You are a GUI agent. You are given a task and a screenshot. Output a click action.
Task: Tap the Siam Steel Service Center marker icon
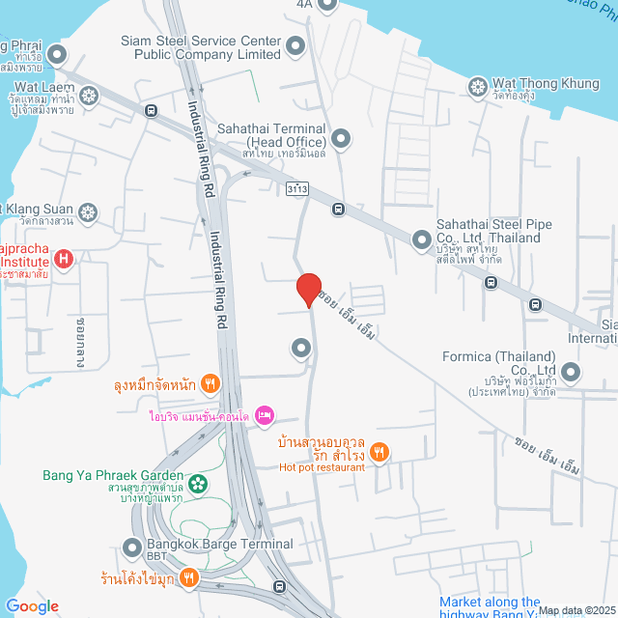pyautogui.click(x=295, y=44)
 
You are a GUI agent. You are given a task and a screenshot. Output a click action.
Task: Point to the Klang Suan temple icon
pyautogui.click(x=88, y=211)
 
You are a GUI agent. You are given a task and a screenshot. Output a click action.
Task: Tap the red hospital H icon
pyautogui.click(x=64, y=258)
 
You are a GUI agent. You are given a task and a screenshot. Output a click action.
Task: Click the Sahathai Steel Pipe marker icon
pyautogui.click(x=421, y=239)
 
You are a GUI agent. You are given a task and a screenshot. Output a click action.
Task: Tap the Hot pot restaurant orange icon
pyautogui.click(x=381, y=451)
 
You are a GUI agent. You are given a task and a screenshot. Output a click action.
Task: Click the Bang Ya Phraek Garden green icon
pyautogui.click(x=198, y=483)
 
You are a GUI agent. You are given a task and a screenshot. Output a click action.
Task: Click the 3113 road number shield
pyautogui.click(x=297, y=186)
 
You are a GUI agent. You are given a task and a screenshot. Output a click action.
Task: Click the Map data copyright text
pyautogui.click(x=576, y=610)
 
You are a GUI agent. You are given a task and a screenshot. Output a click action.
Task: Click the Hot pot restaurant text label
pyautogui.click(x=323, y=467)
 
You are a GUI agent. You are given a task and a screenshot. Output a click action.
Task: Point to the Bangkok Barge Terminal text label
pyautogui.click(x=215, y=545)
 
